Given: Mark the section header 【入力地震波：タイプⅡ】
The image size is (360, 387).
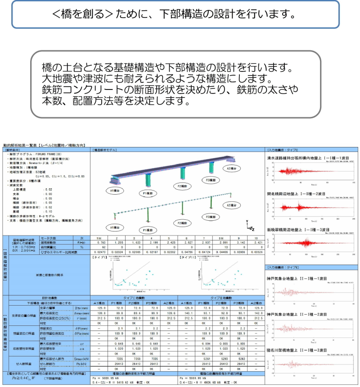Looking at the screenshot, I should click(287, 268).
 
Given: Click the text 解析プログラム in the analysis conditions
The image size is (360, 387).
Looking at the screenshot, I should click(27, 154).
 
